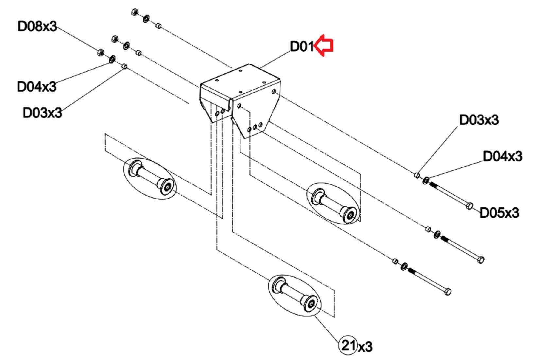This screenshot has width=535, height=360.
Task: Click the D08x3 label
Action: pos(37,26)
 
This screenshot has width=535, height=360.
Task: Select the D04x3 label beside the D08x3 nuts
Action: pos(37,86)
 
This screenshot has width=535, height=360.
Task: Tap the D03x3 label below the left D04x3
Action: pos(42,112)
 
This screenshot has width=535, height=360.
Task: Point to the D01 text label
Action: pos(302,46)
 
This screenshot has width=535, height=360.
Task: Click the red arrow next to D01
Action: pos(323,45)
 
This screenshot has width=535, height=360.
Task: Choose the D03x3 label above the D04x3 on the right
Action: pos(479,120)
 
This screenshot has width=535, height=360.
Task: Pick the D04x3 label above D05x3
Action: pos(503,156)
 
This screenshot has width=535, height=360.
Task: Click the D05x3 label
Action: pos(499,213)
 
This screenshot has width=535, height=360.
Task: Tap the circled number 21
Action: pos(348,345)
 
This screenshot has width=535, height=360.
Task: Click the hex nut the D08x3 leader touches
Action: pos(101,52)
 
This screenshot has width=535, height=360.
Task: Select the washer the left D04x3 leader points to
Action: pos(112,59)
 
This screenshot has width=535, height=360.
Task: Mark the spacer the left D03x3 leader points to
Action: pos(125,66)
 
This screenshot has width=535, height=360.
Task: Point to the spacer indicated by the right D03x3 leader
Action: pos(417,175)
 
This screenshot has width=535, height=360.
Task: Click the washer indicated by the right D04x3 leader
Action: pos(425,180)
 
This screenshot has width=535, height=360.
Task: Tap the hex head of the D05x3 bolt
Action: pos(469,206)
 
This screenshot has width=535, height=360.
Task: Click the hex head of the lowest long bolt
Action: pos(448,292)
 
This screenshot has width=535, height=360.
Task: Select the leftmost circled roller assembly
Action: pos(150,179)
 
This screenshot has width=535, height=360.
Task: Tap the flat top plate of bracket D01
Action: pos(240,81)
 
